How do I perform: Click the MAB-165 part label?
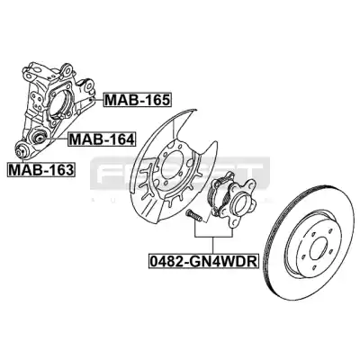pos(137,100)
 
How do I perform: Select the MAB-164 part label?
pos(101,139)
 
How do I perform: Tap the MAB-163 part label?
pos(41,169)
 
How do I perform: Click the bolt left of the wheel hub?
pos(194,216)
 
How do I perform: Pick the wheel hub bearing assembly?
pos(231,199)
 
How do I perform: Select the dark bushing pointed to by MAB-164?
pos(39,139)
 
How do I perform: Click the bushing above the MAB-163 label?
pos(22,150)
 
